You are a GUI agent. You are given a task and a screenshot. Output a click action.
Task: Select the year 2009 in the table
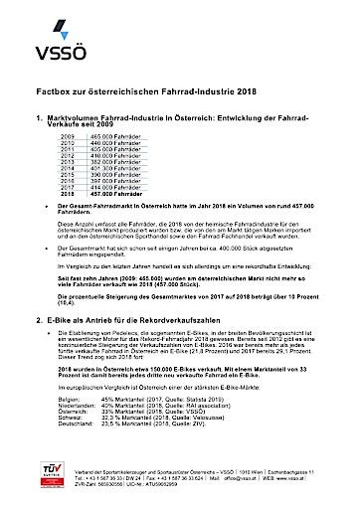point(70,133)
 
